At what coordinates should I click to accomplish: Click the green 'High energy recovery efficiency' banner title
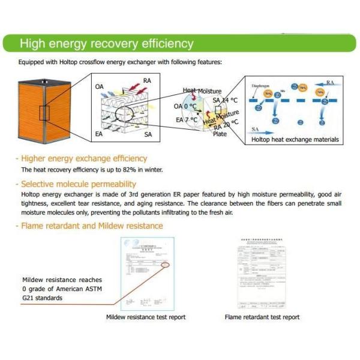pyautogui.click(x=107, y=44)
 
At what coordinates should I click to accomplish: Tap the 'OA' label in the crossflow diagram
pyautogui.click(x=100, y=86)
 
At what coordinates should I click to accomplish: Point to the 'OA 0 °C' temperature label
pyautogui.click(x=185, y=106)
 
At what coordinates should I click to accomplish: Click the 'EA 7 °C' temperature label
pyautogui.click(x=187, y=120)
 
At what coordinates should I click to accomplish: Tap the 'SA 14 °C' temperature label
pyautogui.click(x=226, y=100)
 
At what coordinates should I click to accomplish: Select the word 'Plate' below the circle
pyautogui.click(x=220, y=134)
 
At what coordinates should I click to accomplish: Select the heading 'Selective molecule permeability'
pyautogui.click(x=79, y=184)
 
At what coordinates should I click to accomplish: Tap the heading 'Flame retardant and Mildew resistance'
pyautogui.click(x=92, y=226)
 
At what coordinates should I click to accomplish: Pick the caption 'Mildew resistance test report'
pyautogui.click(x=146, y=317)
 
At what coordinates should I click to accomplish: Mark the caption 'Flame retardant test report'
pyautogui.click(x=262, y=317)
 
